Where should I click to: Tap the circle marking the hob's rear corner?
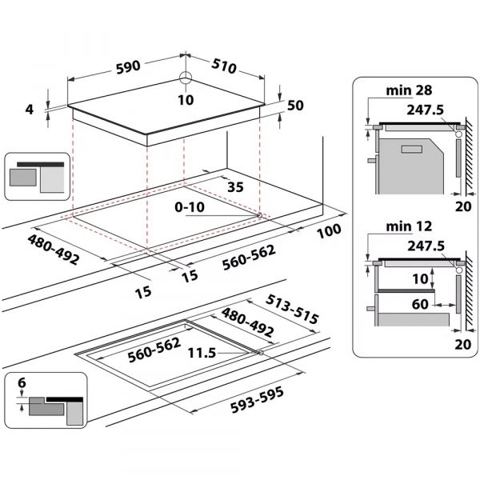click(x=186, y=78)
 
